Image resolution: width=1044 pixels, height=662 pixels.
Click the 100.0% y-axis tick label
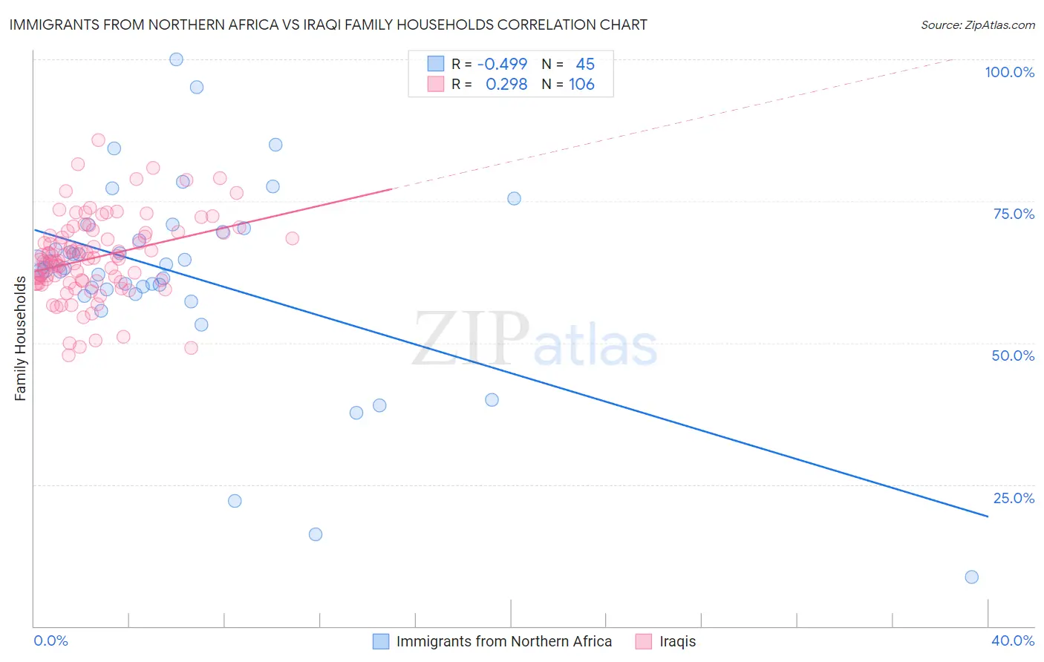point(1009,72)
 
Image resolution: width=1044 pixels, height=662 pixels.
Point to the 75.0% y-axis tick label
point(1014,214)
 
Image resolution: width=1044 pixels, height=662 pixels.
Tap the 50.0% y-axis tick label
point(1013,355)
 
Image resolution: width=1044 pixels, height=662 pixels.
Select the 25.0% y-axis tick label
point(1014,498)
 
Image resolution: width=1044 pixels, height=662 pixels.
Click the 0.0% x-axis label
point(50,640)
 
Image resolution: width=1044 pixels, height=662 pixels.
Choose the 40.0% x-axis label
point(1013,640)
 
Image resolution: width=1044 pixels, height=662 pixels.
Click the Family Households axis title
point(20,338)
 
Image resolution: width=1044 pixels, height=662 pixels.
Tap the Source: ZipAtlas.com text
point(977,24)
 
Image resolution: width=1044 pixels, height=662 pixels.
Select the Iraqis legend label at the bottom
point(677,641)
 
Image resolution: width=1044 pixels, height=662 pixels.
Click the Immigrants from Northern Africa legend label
point(503,641)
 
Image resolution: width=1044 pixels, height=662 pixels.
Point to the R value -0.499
point(502,64)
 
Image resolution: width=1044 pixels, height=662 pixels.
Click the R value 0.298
point(506,84)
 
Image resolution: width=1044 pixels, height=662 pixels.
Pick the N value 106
point(581,84)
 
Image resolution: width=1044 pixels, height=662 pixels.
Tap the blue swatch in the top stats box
point(435,64)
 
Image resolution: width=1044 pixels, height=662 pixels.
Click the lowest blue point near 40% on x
point(971,577)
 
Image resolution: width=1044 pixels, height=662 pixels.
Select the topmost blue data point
point(176,59)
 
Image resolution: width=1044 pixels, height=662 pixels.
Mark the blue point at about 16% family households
point(316,534)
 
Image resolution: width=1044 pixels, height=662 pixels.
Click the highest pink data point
point(98,140)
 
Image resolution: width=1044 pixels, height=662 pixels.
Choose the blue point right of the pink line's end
point(514,198)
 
